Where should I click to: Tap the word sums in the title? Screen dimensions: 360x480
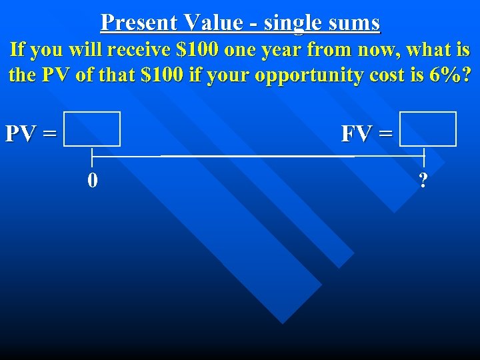click(x=355, y=22)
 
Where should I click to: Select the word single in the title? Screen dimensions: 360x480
click(x=294, y=23)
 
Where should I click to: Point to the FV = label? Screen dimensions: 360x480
click(x=367, y=133)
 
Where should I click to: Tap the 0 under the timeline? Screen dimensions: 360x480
click(x=93, y=180)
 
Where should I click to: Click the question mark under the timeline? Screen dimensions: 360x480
click(x=422, y=180)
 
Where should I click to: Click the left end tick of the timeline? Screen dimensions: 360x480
click(x=92, y=156)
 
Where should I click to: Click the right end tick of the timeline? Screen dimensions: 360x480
click(x=424, y=156)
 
